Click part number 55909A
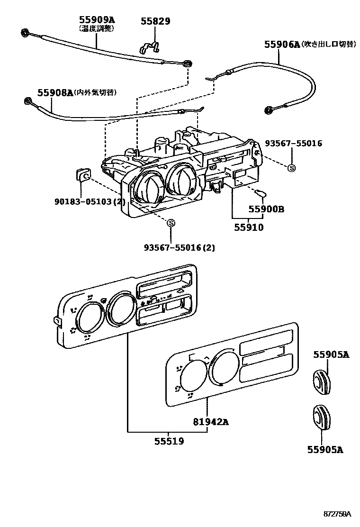pyautogui.click(x=97, y=20)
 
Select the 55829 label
pyautogui.click(x=155, y=21)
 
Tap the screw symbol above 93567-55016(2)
pyautogui.click(x=171, y=223)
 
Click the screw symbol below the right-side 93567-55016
pyautogui.click(x=291, y=167)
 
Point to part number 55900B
pyautogui.click(x=267, y=209)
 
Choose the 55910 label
pyautogui.click(x=248, y=227)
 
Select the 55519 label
pyautogui.click(x=169, y=441)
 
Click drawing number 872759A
pyautogui.click(x=337, y=514)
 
